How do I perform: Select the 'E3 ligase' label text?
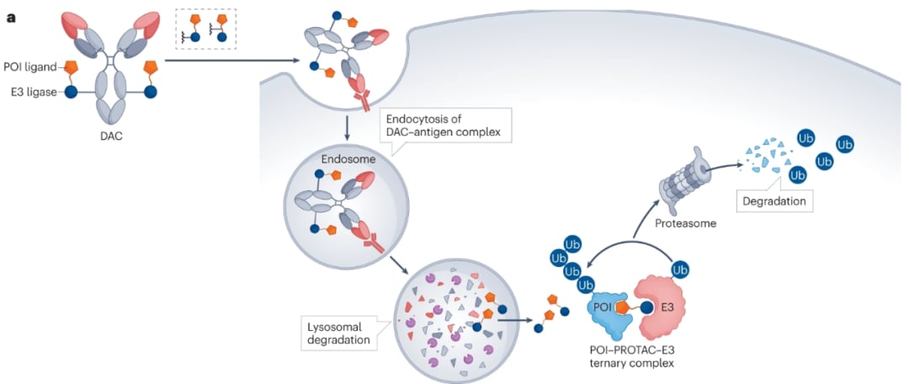(x=29, y=93)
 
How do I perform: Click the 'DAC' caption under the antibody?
(x=110, y=136)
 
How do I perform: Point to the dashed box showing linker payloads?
(x=206, y=29)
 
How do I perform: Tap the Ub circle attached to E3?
(x=678, y=269)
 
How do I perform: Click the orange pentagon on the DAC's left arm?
(x=71, y=67)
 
